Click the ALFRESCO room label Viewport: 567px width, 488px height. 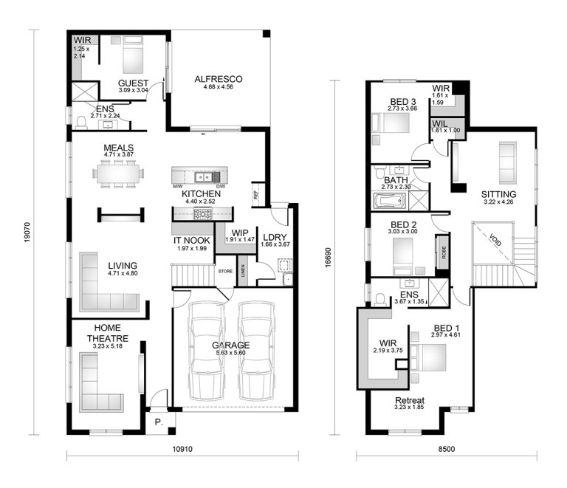pyautogui.click(x=219, y=79)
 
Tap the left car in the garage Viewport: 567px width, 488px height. pyautogui.click(x=206, y=347)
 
